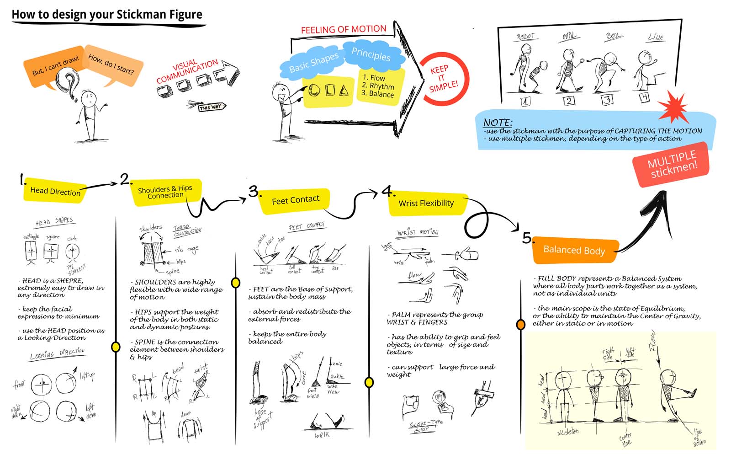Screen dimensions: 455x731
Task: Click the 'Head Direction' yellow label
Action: (55, 192)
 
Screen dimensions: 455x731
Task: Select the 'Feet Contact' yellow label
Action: (295, 200)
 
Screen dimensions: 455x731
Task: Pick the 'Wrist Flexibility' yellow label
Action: (426, 203)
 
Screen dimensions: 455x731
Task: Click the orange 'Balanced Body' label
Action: (574, 250)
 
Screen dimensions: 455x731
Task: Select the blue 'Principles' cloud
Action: (371, 54)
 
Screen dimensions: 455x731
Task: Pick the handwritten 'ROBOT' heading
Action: (525, 37)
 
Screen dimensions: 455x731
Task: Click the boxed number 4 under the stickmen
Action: (644, 97)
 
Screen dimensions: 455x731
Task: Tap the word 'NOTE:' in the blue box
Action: (498, 123)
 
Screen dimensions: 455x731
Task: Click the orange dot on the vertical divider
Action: (520, 325)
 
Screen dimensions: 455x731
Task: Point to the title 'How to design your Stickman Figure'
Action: (107, 15)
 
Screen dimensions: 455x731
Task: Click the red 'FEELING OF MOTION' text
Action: (344, 30)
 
